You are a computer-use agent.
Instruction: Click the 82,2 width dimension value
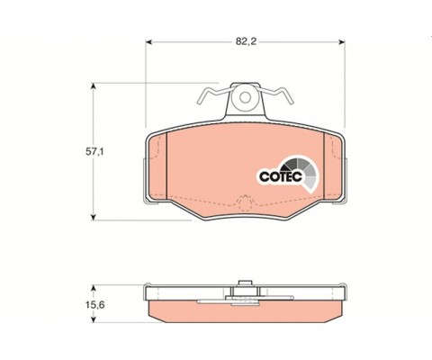click(x=246, y=41)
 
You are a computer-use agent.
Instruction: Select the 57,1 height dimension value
click(x=94, y=152)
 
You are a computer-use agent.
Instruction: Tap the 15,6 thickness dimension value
click(x=94, y=305)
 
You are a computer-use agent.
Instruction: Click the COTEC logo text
click(x=280, y=176)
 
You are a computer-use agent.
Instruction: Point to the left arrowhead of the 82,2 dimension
click(x=148, y=42)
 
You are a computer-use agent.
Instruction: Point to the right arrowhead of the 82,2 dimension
click(x=342, y=42)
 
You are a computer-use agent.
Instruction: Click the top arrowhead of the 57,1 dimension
click(x=94, y=85)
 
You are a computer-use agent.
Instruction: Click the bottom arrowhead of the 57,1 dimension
click(x=94, y=217)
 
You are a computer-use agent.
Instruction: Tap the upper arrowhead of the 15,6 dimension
click(x=94, y=288)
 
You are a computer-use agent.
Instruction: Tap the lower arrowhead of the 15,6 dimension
click(x=94, y=319)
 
